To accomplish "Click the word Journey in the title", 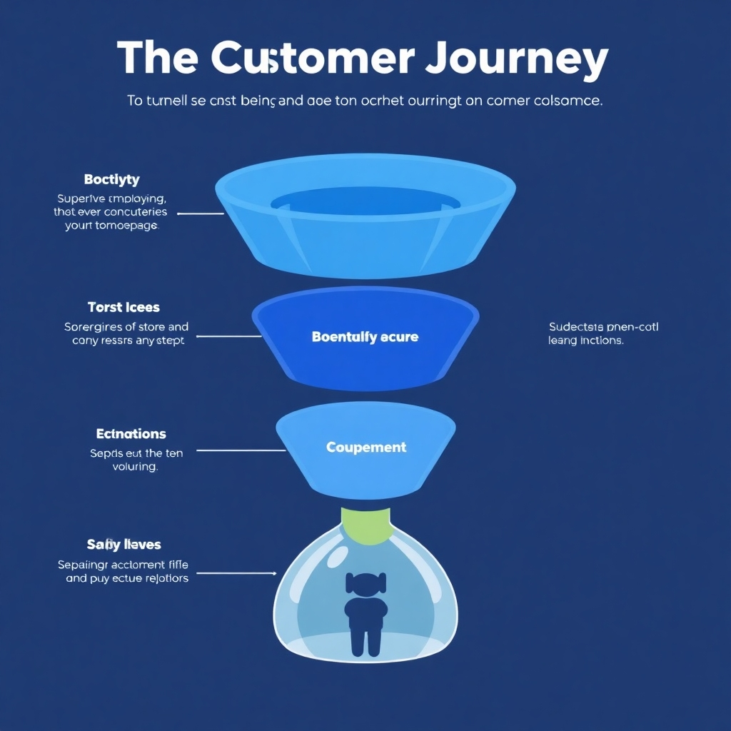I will point(516,59).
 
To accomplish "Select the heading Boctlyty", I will point(111,179).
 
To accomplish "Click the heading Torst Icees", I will point(123,308).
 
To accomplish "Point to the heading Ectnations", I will point(131,434).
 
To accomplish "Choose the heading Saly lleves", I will point(124,545).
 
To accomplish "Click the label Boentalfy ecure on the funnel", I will point(365,336).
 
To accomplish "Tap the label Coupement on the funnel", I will point(366,448).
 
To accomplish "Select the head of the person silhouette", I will point(365,583).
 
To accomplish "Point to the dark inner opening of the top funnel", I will point(365,201).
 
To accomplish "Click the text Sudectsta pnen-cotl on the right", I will point(604,327).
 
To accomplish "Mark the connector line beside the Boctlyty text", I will point(201,213).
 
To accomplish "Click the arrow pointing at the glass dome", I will point(236,573).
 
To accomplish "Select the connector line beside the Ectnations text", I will point(241,450).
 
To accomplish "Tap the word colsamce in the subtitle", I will point(568,101).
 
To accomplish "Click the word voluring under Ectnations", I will point(136,467).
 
